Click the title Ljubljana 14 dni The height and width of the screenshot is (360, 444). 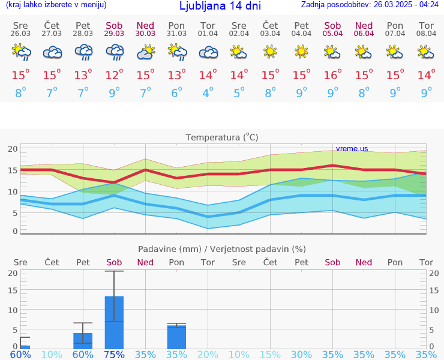point(220,6)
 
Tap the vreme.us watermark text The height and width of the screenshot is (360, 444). point(352,149)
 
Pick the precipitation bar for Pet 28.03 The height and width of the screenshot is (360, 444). point(83,340)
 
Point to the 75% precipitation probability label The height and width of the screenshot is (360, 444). point(114,354)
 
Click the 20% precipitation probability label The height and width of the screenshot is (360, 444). point(208,354)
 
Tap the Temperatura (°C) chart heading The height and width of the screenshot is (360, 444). point(222,137)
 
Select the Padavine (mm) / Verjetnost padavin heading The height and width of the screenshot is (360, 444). point(222,249)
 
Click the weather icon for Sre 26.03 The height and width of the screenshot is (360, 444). point(21,53)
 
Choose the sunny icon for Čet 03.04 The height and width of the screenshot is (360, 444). point(270,53)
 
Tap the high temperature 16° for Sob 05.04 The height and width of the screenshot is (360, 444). point(332,75)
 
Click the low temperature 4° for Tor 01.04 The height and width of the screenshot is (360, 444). point(208,93)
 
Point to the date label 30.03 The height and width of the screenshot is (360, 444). point(145,34)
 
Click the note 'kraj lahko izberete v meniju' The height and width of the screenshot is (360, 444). point(56,5)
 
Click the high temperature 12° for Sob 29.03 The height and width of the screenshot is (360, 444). point(114,75)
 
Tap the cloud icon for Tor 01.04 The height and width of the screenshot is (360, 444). point(208,53)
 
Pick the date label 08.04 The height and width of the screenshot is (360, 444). point(426,34)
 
